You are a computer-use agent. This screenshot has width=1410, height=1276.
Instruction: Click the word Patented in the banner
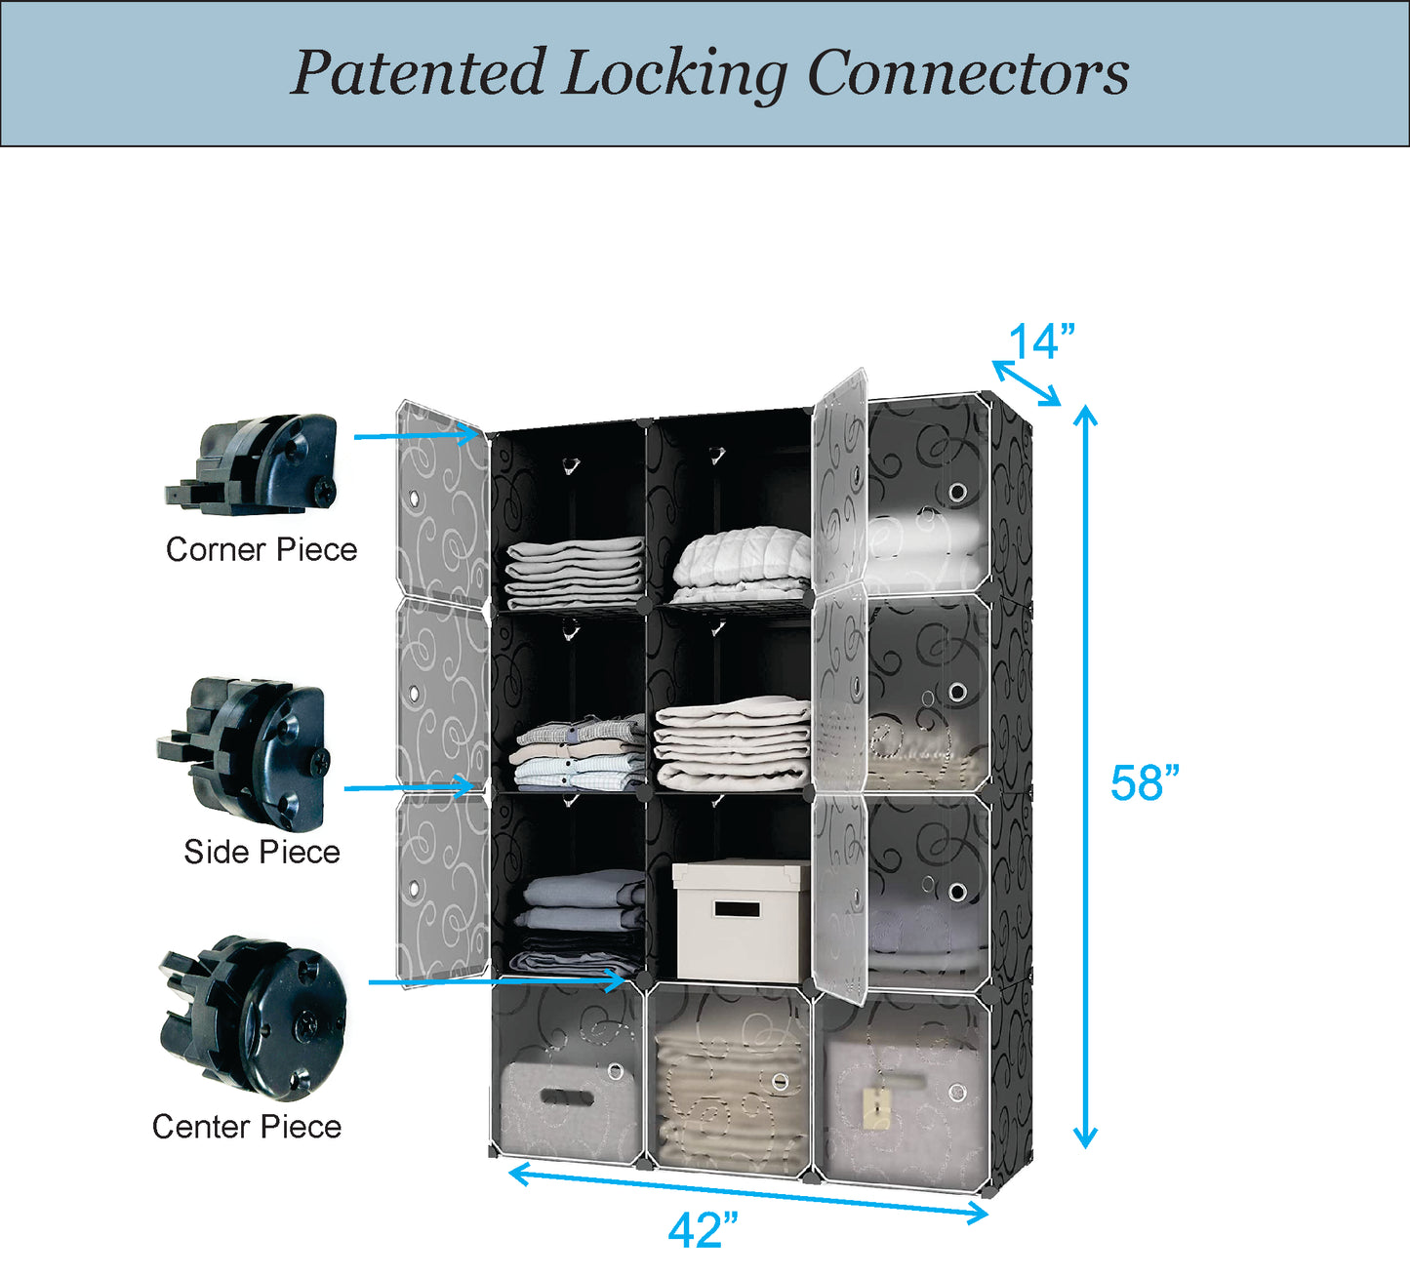(418, 73)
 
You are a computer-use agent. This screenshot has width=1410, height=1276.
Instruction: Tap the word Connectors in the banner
(968, 73)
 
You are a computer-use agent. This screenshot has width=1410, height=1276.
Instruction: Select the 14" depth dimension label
(1040, 342)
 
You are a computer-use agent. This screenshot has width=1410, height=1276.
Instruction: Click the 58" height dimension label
(1145, 783)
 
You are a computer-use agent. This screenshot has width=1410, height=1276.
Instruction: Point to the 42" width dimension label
(703, 1231)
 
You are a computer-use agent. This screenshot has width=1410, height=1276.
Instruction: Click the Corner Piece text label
(262, 550)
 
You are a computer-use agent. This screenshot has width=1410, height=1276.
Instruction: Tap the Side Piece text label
(262, 853)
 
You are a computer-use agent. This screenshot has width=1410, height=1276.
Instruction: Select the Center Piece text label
(247, 1128)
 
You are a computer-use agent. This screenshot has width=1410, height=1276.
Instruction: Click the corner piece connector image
(254, 464)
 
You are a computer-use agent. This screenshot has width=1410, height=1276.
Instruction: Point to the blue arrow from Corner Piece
(420, 436)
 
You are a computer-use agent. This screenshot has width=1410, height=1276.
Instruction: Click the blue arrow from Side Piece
(410, 786)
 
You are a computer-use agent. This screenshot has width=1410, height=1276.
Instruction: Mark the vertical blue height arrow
(1085, 777)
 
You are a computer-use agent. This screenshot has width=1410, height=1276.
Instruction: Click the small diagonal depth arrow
(1026, 382)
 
